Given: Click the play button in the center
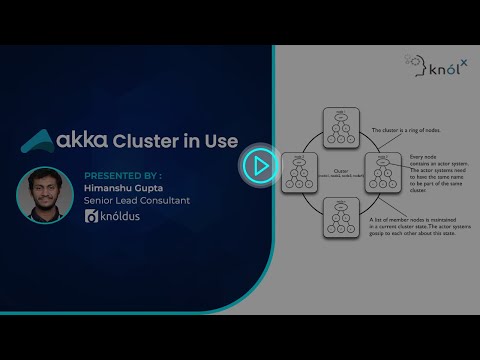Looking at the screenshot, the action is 259,165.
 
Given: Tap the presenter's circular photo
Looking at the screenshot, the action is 42,194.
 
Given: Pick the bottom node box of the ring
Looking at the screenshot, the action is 341,218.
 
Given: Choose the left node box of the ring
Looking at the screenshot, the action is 301,171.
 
